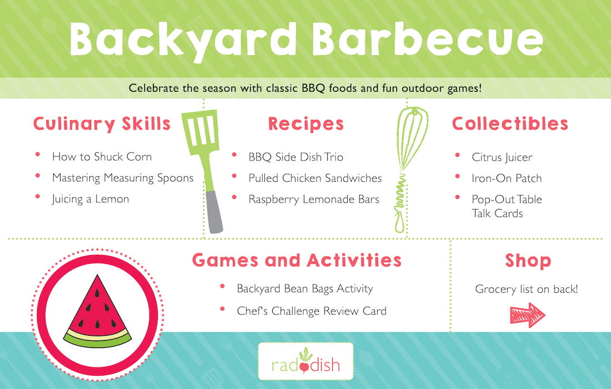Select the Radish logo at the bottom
(305, 361)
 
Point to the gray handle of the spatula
(214, 212)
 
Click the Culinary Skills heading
(102, 124)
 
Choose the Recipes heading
(306, 124)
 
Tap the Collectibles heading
(510, 123)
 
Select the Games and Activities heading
(297, 260)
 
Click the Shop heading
(528, 261)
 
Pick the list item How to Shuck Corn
(102, 157)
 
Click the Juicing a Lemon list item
(91, 199)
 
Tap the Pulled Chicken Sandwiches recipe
(315, 178)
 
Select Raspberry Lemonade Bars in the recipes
(314, 199)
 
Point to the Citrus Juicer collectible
(502, 157)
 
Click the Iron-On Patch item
(507, 178)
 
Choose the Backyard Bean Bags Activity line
(305, 289)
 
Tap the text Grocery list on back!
(527, 289)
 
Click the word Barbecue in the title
(428, 39)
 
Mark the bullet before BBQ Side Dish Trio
(234, 154)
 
